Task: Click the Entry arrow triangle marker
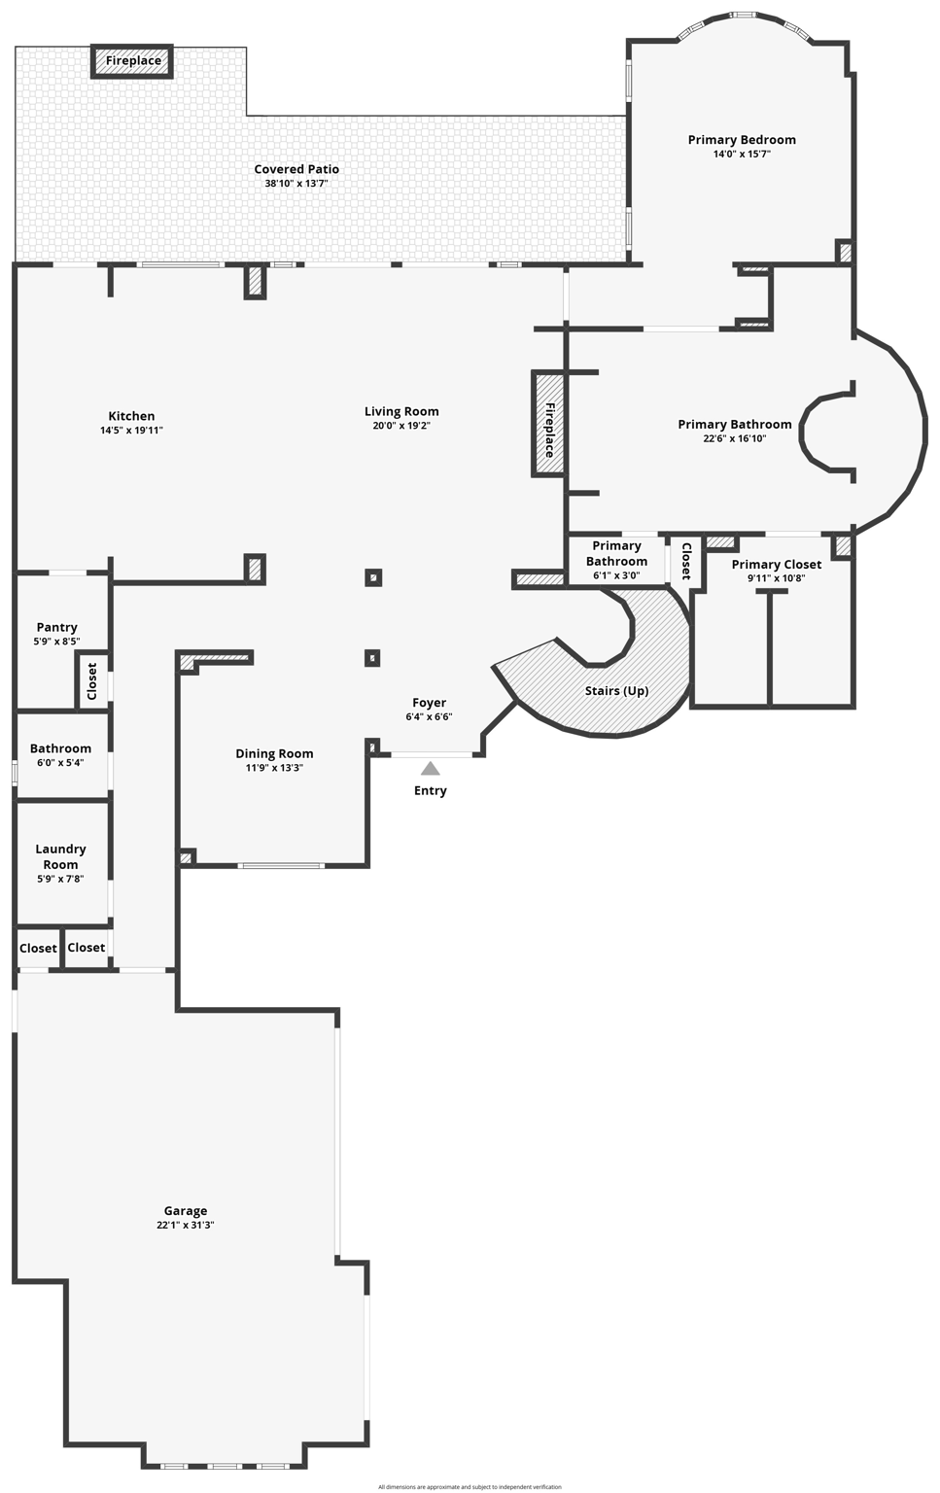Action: click(x=430, y=769)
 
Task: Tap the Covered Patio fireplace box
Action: click(x=133, y=61)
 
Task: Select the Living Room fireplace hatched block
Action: click(x=548, y=424)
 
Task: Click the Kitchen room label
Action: click(x=131, y=416)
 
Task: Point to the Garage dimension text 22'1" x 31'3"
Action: click(x=185, y=1225)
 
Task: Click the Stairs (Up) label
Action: click(x=616, y=691)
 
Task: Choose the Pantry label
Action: click(x=57, y=627)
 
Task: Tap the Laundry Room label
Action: click(x=60, y=856)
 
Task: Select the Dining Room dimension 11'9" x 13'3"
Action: click(x=274, y=768)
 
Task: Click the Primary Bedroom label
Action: click(x=742, y=140)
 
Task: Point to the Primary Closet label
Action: click(x=776, y=565)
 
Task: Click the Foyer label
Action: click(x=429, y=703)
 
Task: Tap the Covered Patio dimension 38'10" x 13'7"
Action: click(x=296, y=183)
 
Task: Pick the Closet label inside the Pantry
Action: click(x=92, y=681)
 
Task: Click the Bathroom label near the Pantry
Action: click(x=60, y=748)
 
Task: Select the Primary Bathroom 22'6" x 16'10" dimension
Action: click(x=734, y=438)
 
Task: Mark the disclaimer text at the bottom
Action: click(x=470, y=1487)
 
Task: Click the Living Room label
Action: click(x=401, y=411)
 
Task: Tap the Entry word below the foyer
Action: click(x=430, y=790)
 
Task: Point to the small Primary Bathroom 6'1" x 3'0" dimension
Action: click(x=616, y=575)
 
